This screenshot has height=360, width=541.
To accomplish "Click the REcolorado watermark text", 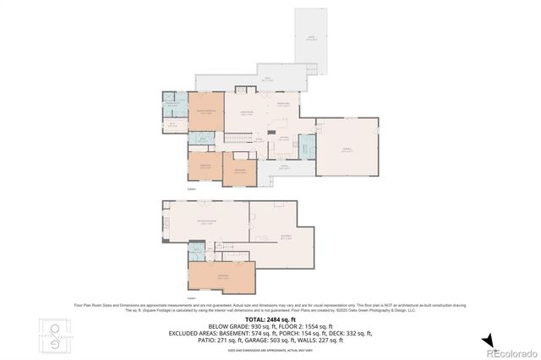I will [x=511, y=352].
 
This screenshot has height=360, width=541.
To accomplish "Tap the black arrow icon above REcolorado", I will [x=488, y=340].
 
